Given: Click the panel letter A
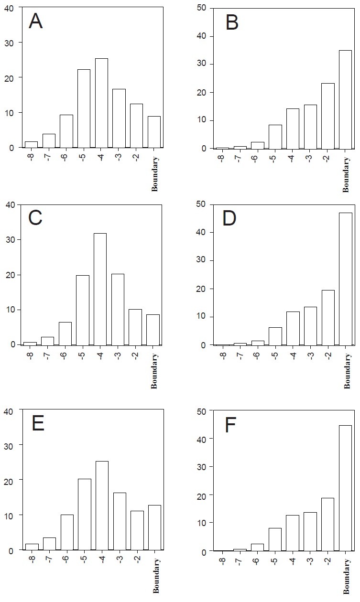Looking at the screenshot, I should (36, 22).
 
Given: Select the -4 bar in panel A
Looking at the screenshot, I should (101, 103).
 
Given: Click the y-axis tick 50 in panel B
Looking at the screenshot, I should (201, 8).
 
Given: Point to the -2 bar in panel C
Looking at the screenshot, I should (135, 327).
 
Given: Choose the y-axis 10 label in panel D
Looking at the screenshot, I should (201, 317).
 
